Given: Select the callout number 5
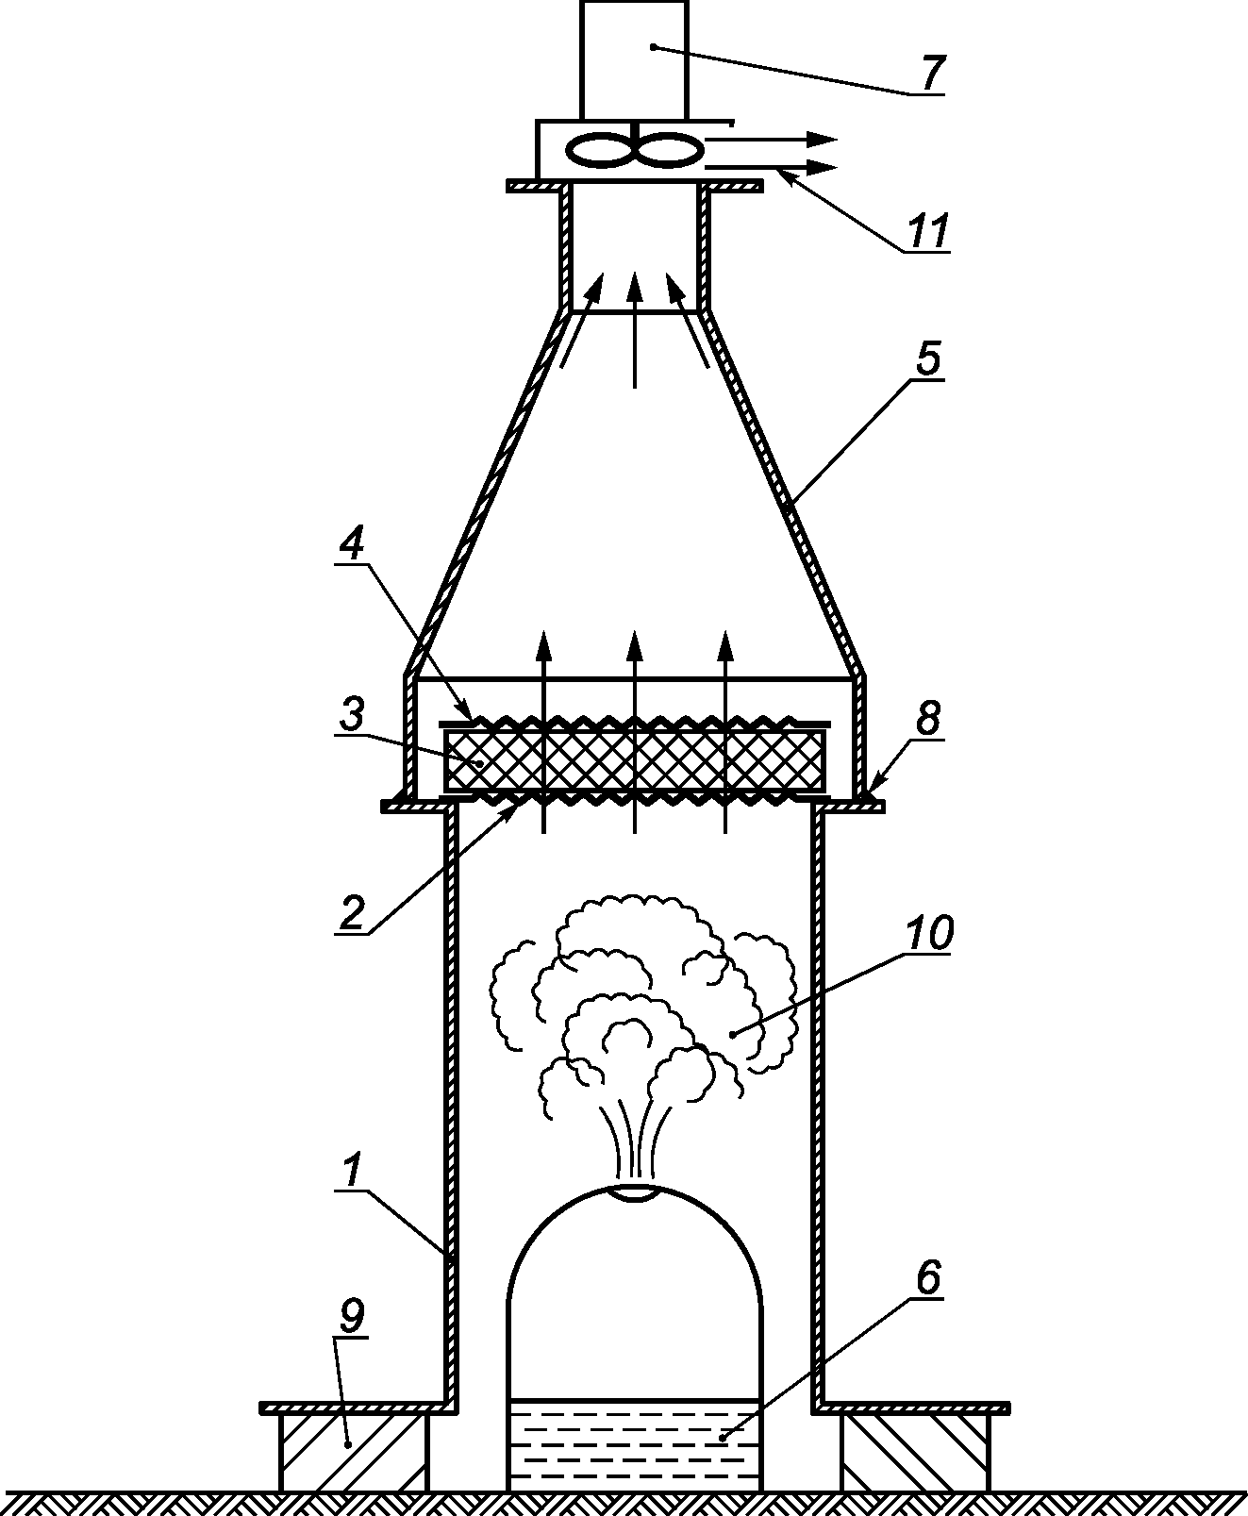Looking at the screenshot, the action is click(x=927, y=358).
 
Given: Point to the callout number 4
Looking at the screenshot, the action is click(x=352, y=544).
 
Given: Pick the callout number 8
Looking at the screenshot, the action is click(x=928, y=717).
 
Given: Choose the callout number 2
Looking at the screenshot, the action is click(x=352, y=912).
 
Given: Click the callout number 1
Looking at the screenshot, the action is click(x=350, y=1172).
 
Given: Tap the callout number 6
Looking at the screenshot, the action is click(x=927, y=1278).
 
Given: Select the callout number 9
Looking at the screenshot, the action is click(x=352, y=1317).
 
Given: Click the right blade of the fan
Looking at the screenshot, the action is click(x=668, y=151).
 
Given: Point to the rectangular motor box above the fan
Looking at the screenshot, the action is click(x=635, y=59).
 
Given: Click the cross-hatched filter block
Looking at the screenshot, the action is click(x=635, y=759).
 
